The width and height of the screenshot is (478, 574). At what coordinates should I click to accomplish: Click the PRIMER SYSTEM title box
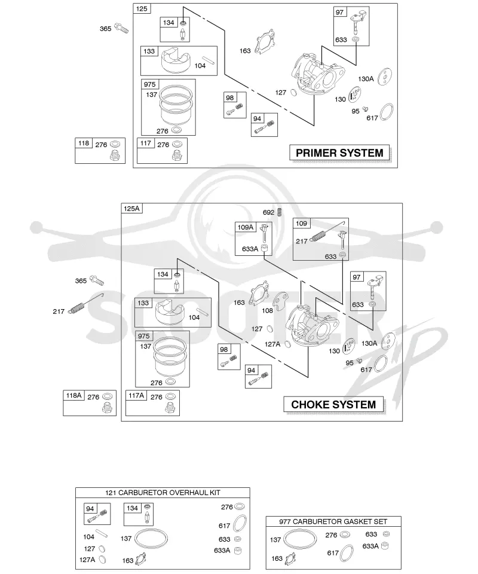339,152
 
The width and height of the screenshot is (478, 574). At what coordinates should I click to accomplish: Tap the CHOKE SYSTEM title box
333,405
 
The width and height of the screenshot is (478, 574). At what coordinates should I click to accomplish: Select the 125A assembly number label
131,209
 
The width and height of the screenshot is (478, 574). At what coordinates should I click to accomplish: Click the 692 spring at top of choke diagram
280,212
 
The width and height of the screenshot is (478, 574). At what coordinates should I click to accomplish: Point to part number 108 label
267,310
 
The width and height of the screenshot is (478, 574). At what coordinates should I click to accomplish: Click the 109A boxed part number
246,227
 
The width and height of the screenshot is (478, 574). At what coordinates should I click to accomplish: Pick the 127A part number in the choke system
272,344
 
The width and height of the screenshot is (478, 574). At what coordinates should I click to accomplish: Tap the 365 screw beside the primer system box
121,28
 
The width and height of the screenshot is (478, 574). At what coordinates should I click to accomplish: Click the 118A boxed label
74,395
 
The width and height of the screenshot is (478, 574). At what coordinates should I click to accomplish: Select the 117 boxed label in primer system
146,143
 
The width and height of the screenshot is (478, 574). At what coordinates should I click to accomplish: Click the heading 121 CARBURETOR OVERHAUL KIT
163,493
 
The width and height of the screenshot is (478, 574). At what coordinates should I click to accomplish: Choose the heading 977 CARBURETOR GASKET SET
333,521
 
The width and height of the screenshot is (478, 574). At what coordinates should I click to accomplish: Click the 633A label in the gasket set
370,546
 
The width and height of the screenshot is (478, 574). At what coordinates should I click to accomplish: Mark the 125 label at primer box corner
142,9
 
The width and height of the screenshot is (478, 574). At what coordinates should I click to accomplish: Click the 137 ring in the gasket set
301,539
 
